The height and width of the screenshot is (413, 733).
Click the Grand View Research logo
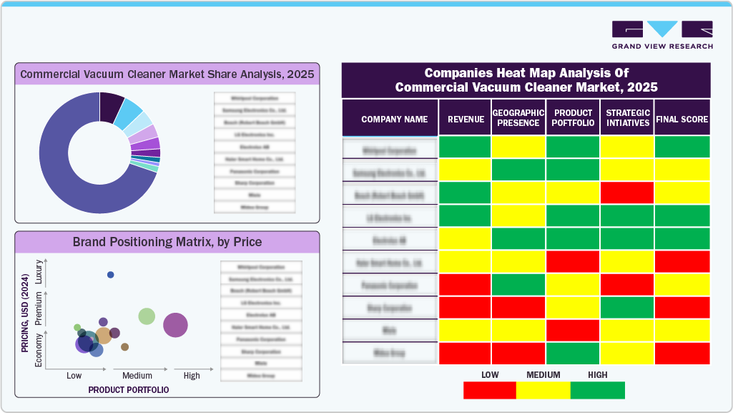pyautogui.click(x=661, y=34)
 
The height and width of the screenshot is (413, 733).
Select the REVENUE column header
pyautogui.click(x=466, y=120)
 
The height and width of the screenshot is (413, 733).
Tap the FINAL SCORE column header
pyautogui.click(x=682, y=120)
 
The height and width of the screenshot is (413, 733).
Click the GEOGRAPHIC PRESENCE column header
pyautogui.click(x=518, y=118)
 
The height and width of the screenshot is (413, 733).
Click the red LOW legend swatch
pyautogui.click(x=489, y=390)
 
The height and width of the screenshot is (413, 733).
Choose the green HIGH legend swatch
pyautogui.click(x=598, y=390)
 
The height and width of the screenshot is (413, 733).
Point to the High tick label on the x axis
pyautogui.click(x=192, y=376)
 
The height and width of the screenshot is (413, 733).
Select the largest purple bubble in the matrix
pyautogui.click(x=175, y=326)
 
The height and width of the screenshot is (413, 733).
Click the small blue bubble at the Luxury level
pyautogui.click(x=110, y=275)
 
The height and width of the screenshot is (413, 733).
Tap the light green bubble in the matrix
pyautogui.click(x=147, y=316)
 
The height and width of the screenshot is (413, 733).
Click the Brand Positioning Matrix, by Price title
pyautogui.click(x=167, y=242)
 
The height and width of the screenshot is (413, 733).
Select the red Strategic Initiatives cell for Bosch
pyautogui.click(x=626, y=193)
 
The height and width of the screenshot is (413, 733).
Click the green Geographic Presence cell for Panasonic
pyautogui.click(x=518, y=284)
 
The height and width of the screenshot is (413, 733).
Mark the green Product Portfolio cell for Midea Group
pyautogui.click(x=572, y=353)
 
